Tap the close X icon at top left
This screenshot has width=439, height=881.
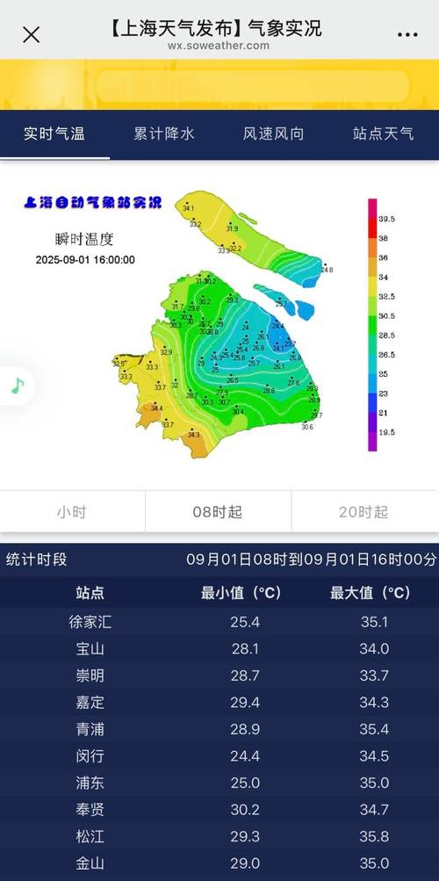point(31,34)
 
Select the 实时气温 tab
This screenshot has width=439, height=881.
point(54,134)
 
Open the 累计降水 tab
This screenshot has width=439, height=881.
point(164,134)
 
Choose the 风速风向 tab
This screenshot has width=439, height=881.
point(274,134)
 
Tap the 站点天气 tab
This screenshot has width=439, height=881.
point(384,134)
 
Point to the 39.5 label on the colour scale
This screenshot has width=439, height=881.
point(387,219)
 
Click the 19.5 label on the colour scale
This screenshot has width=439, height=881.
point(387,432)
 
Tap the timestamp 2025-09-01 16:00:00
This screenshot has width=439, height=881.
point(85,260)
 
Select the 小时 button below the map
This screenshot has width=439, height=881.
point(72,512)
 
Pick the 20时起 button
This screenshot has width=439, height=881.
point(363,512)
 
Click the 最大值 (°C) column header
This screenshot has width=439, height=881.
point(370,593)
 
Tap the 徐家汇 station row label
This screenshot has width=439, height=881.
point(90,623)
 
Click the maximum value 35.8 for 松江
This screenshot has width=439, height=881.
point(370,837)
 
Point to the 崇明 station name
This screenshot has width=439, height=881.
point(90,676)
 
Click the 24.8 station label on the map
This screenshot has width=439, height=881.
point(327,270)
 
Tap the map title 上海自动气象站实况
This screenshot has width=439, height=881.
point(93,203)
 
